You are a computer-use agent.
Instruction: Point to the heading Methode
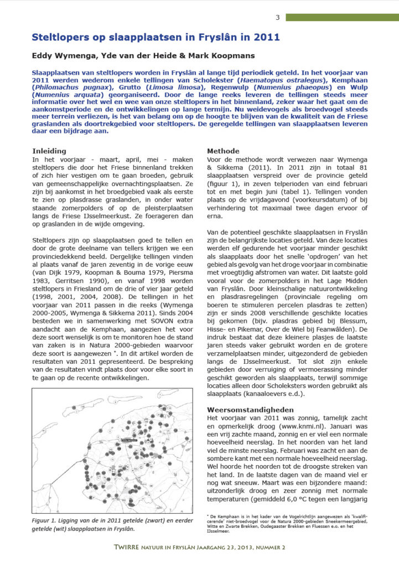coord(224,151)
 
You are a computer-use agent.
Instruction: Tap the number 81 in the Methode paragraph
coord(362,168)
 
